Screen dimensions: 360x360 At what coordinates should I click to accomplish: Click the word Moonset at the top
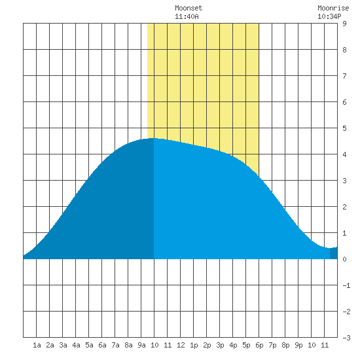click(189, 8)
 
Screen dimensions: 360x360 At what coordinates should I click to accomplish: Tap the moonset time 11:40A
click(187, 16)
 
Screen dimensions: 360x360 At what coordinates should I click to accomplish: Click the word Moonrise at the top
click(333, 8)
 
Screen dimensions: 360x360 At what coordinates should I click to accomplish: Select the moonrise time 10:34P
click(329, 16)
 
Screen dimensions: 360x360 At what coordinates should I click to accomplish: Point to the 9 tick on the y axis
click(344, 24)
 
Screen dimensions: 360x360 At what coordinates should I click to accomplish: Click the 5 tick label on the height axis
click(344, 128)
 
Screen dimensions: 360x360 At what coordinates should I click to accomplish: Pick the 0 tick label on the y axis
click(344, 259)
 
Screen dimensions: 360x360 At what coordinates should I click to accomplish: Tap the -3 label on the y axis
click(346, 338)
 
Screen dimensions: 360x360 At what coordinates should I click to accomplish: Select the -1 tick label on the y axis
click(346, 285)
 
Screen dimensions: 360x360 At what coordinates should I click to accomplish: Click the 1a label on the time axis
click(37, 345)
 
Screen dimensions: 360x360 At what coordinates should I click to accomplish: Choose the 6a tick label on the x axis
click(102, 345)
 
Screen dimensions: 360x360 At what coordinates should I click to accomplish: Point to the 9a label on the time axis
click(141, 345)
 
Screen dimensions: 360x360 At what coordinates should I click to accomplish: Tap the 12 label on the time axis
click(181, 345)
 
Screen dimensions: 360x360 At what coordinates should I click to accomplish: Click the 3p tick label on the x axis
click(220, 345)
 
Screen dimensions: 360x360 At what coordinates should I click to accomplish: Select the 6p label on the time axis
click(259, 345)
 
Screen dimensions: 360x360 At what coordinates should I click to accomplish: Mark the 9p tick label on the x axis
click(298, 345)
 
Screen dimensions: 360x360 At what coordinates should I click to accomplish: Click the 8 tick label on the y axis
click(344, 50)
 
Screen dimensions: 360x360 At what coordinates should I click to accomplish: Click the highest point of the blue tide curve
click(154, 138)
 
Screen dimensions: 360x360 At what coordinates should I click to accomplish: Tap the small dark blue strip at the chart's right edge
click(334, 253)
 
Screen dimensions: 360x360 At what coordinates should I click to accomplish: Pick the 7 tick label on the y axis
click(344, 76)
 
